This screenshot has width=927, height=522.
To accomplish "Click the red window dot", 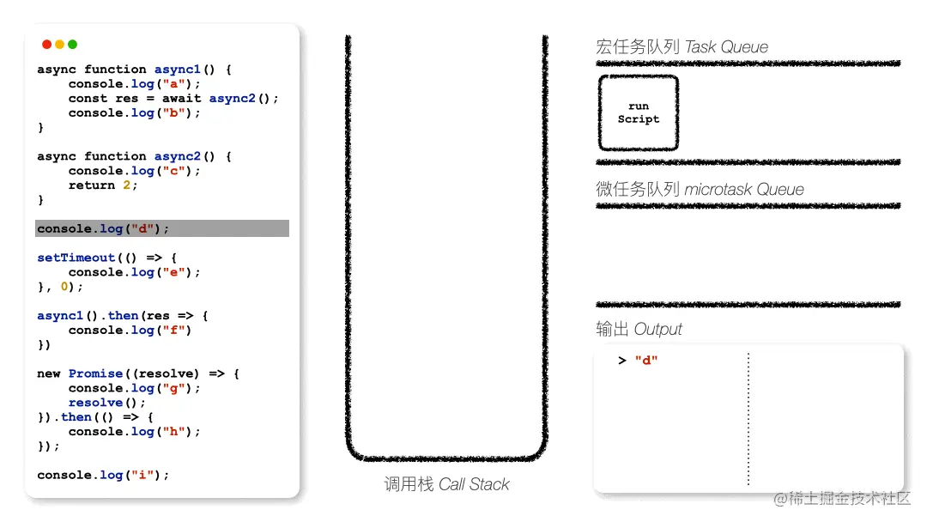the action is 46,45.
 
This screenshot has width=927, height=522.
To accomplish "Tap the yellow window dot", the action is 60,45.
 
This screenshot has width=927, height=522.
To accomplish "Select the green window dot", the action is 73,45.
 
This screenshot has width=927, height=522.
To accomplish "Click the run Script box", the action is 639,113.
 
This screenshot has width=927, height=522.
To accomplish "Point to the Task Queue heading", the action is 682,46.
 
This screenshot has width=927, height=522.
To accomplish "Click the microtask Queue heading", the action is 700,189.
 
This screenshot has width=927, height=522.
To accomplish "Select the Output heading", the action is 639,329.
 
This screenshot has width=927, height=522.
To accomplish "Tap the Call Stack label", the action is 446,484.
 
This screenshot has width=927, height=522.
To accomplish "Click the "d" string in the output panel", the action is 646,360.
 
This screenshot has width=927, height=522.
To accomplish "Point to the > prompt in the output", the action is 622,361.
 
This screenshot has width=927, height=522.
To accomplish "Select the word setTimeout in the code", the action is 76,258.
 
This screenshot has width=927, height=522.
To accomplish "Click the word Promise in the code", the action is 96,373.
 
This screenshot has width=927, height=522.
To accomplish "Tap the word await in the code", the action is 181,98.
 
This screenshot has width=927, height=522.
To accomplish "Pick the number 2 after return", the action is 126,185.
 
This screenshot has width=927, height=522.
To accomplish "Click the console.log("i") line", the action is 103,476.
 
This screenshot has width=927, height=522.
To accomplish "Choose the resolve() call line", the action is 106,403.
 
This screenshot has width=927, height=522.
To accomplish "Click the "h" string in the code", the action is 173,432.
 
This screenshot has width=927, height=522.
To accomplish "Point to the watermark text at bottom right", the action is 842,498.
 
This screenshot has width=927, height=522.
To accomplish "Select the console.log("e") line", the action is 134,272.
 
